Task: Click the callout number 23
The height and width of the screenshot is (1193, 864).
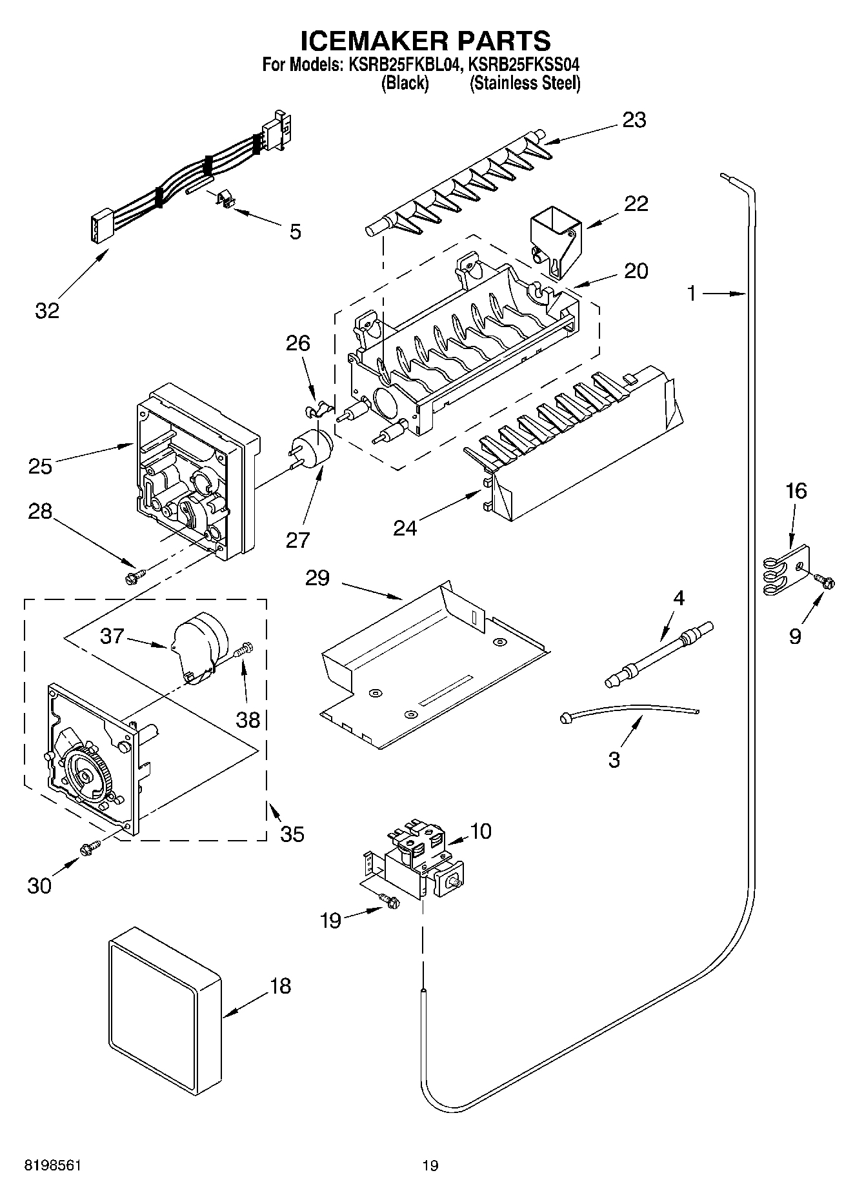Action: [634, 120]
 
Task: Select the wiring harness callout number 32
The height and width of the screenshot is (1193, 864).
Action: [47, 310]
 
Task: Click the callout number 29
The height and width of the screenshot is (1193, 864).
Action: [317, 577]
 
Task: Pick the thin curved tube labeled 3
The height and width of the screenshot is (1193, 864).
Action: [629, 710]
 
